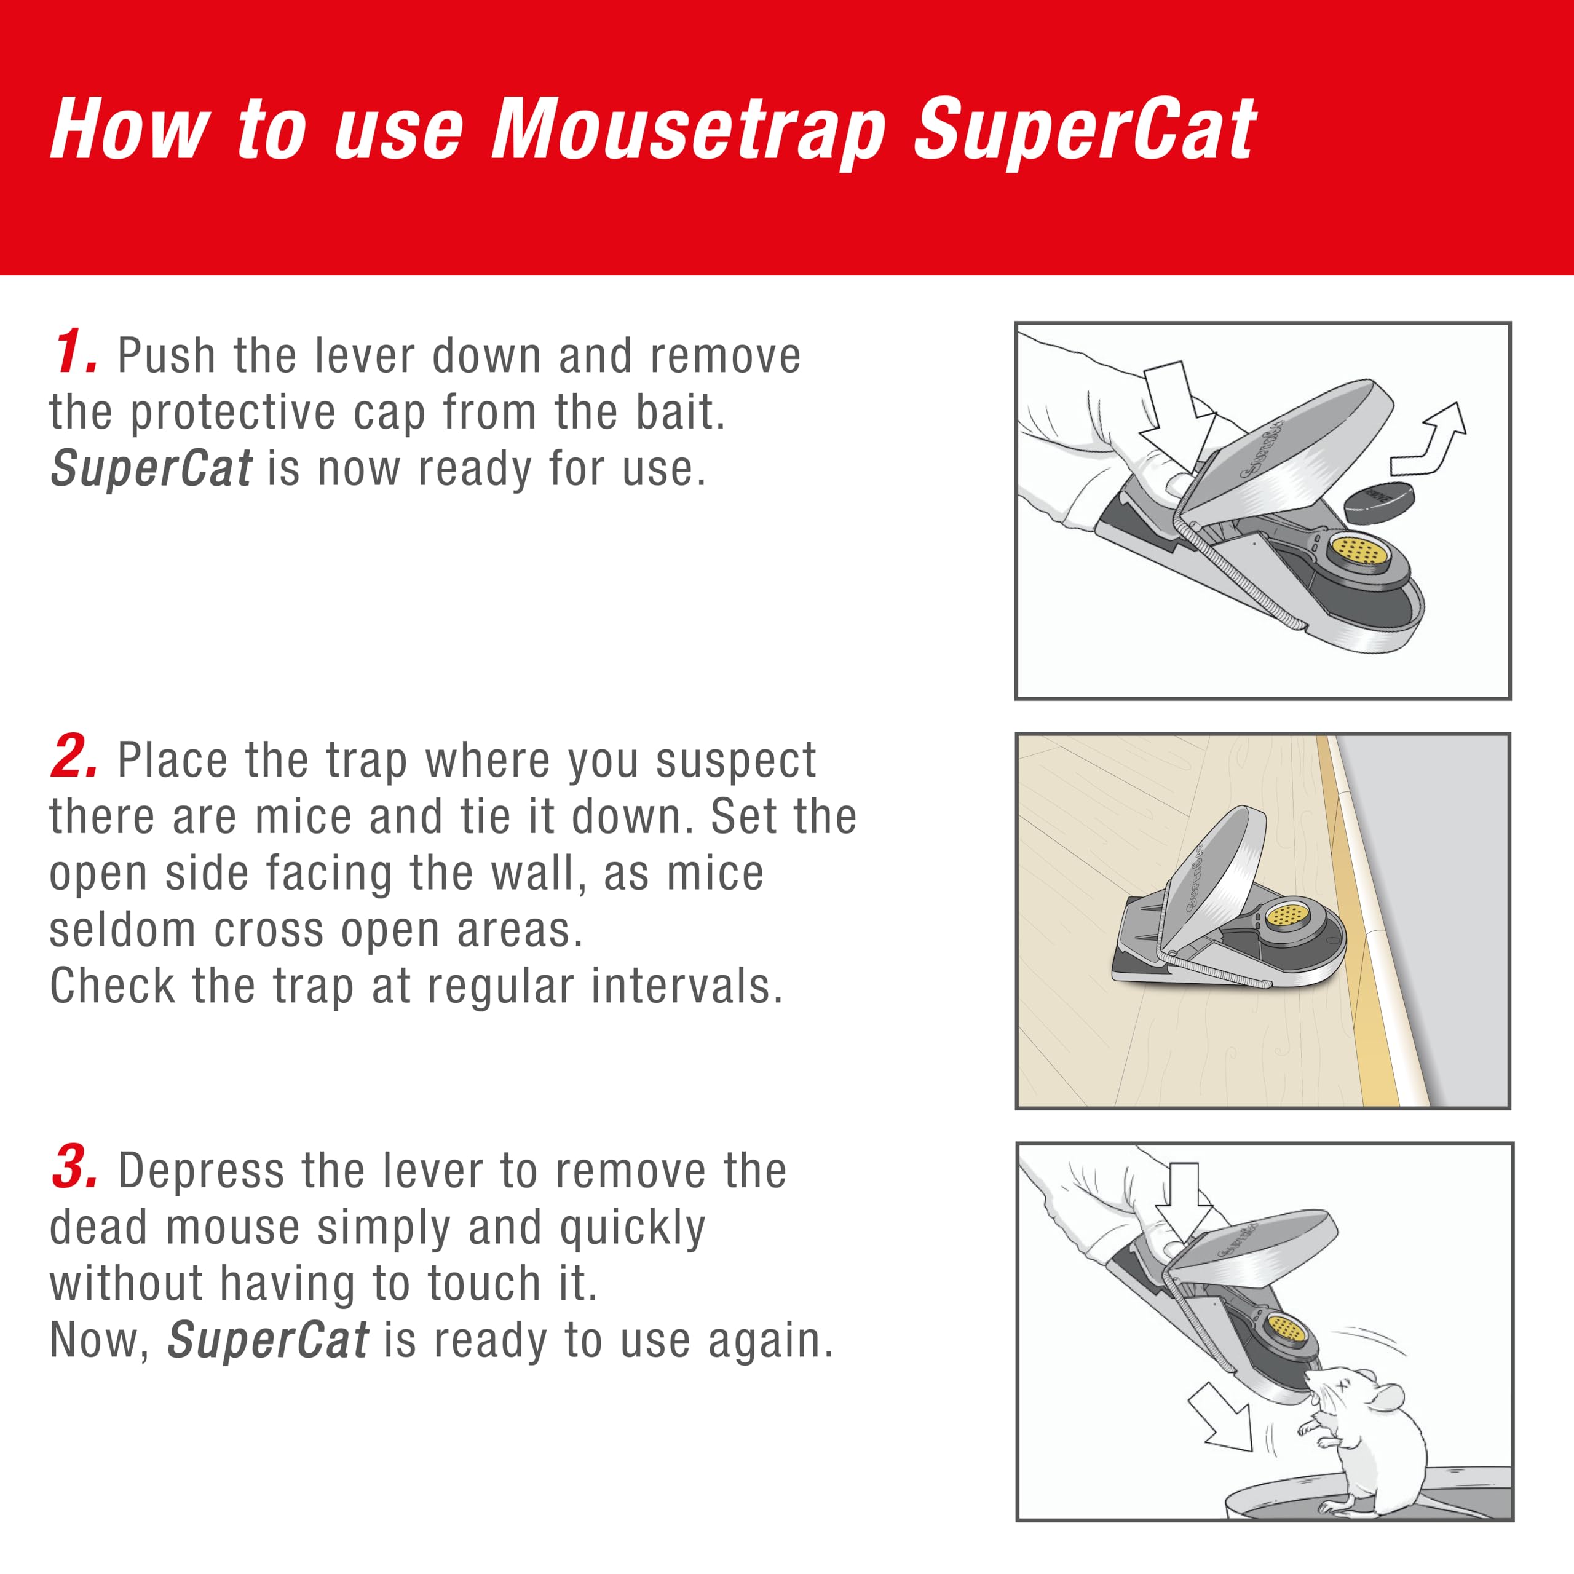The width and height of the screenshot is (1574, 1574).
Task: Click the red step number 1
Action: pyautogui.click(x=75, y=353)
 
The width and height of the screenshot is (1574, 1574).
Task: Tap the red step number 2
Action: pyautogui.click(x=74, y=756)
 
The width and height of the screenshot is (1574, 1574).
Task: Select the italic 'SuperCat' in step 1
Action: pyautogui.click(x=151, y=469)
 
